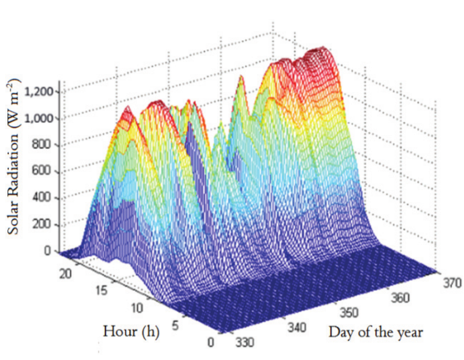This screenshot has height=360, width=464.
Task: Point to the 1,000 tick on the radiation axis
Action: pos(40,118)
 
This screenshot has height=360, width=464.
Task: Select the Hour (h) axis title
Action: pos(131,331)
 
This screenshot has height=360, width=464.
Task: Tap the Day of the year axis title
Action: pos(375,331)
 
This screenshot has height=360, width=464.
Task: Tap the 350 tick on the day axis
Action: pos(348,312)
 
